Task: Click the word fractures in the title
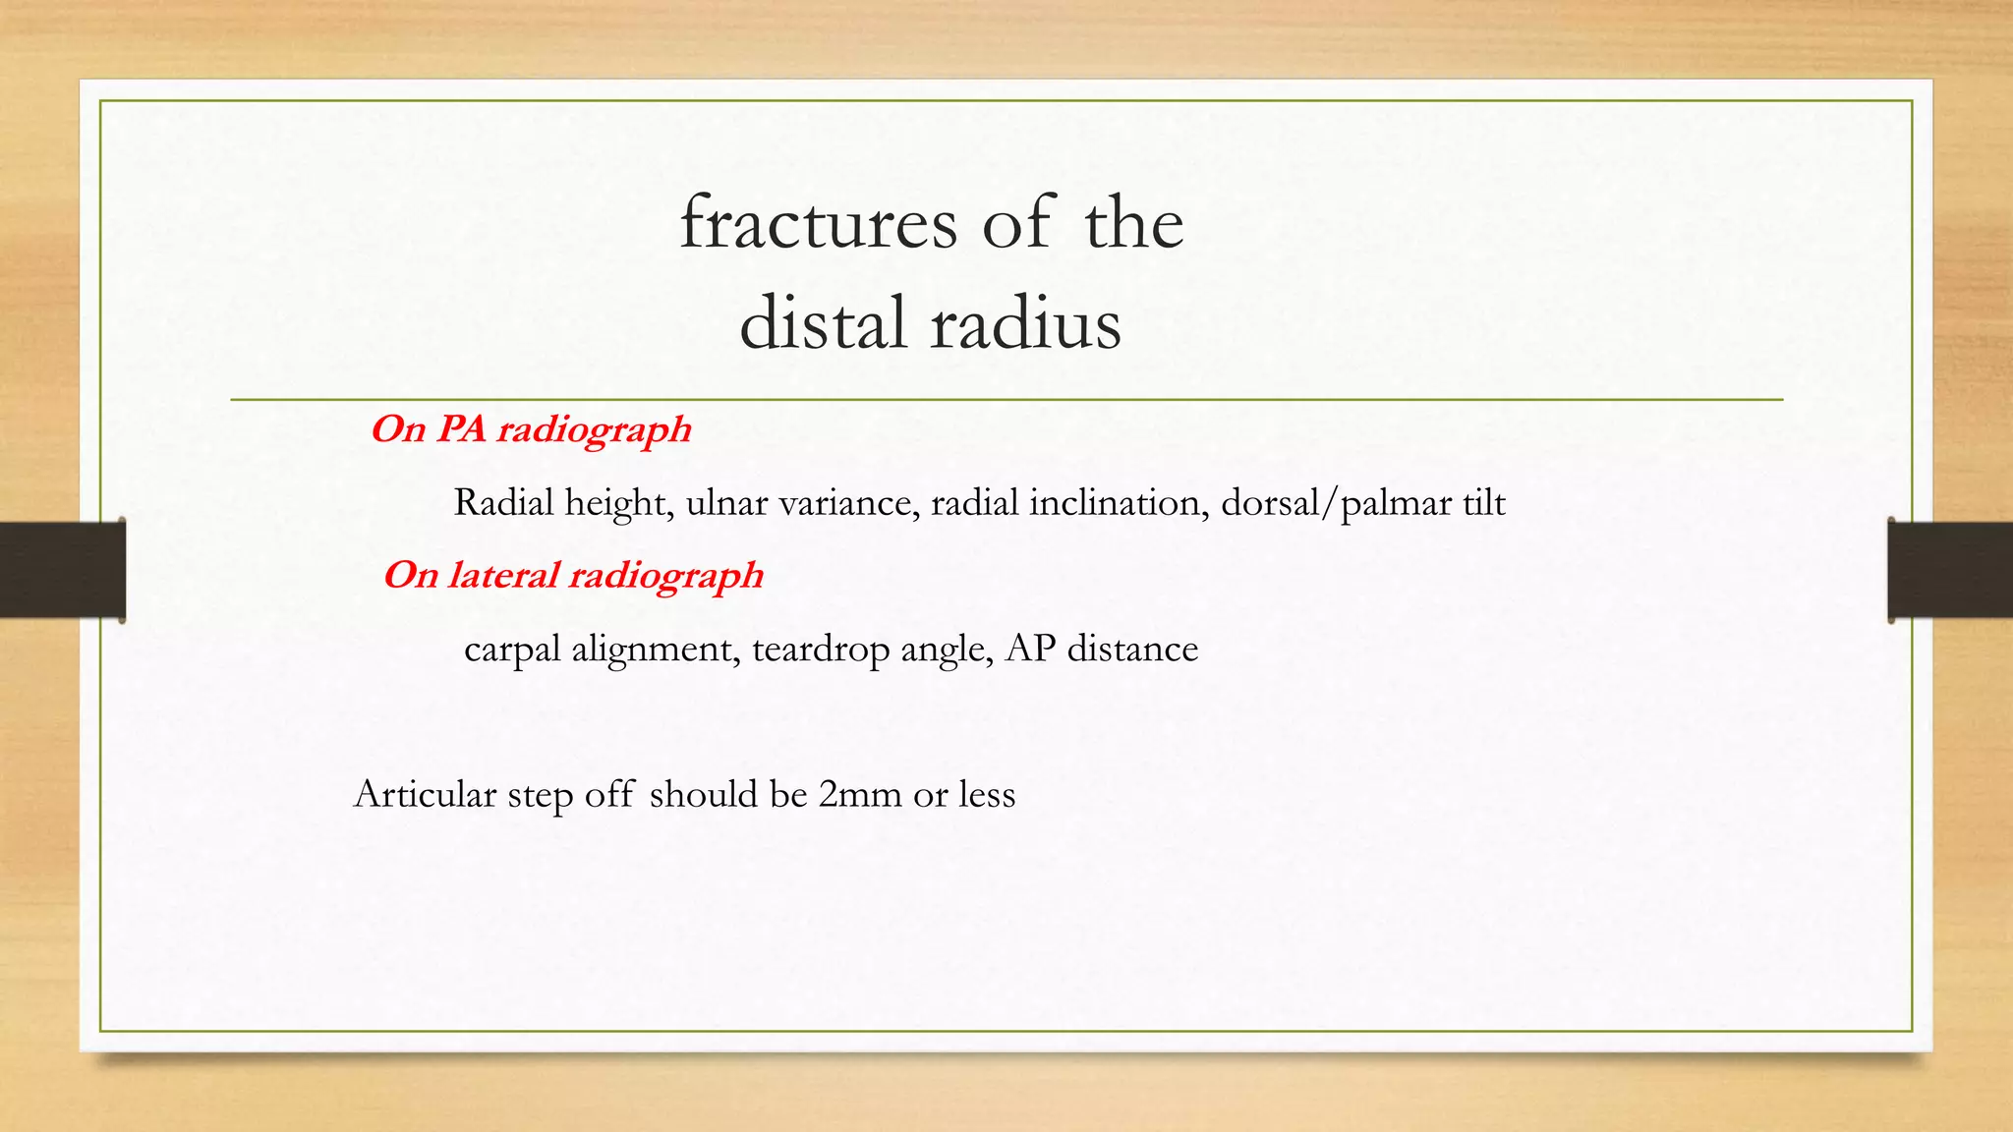coord(818,223)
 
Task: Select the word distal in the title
coord(822,324)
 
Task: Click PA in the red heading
coord(461,429)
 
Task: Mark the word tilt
coord(1483,503)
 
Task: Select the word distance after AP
coord(1132,649)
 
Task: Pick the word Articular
coord(425,794)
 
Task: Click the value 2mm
coord(859,794)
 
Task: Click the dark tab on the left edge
coord(62,570)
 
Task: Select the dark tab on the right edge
coord(1950,570)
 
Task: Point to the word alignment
coord(656,650)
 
